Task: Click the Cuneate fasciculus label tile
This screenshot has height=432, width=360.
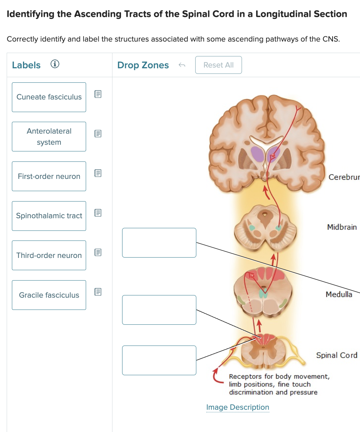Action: [x=49, y=97]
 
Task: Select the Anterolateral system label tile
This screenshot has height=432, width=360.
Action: [x=49, y=137]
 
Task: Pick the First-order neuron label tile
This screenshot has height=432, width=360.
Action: [x=49, y=176]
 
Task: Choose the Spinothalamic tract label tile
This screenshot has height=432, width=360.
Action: [x=49, y=216]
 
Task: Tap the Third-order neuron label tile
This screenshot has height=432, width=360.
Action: [x=49, y=255]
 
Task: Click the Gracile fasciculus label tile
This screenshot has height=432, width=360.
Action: [x=49, y=295]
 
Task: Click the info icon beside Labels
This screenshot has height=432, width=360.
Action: [x=55, y=65]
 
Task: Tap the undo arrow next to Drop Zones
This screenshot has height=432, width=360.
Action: [x=181, y=65]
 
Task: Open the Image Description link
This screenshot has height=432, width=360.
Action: [x=238, y=408]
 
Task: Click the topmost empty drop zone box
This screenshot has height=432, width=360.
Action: [x=159, y=243]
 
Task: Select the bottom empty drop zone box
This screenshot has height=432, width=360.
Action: [x=159, y=360]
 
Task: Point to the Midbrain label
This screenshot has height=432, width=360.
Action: [x=342, y=227]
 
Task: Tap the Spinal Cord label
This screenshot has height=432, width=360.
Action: [x=337, y=355]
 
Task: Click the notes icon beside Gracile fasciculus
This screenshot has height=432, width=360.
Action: [x=98, y=292]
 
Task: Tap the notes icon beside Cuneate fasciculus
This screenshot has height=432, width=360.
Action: [x=98, y=94]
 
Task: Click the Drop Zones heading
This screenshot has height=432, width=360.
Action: [x=143, y=65]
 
